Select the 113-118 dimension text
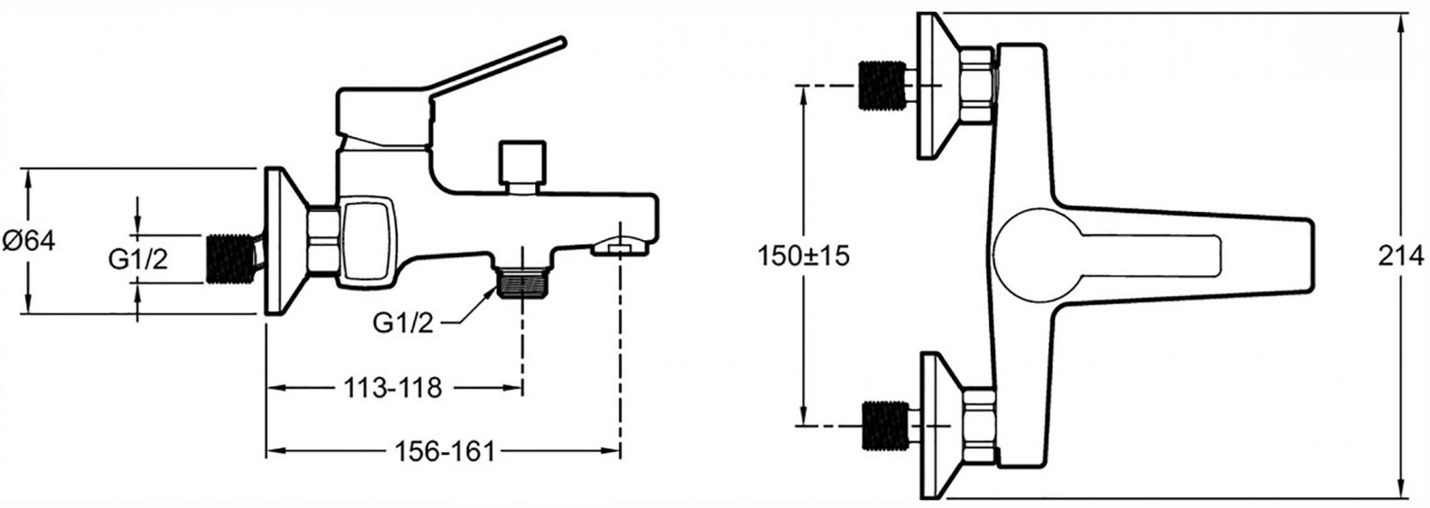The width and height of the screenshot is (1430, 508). click(x=392, y=387)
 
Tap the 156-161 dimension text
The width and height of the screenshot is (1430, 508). click(x=445, y=452)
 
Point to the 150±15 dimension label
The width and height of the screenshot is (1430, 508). click(x=804, y=256)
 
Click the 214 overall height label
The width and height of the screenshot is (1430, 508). click(x=1401, y=256)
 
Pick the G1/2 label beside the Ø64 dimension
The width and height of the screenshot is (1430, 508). click(x=139, y=259)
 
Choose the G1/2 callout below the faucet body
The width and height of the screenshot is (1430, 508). click(x=403, y=324)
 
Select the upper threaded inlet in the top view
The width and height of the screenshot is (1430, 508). click(x=883, y=86)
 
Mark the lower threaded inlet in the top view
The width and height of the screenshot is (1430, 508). click(x=885, y=426)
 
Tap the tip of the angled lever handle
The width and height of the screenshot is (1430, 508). click(x=562, y=42)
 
